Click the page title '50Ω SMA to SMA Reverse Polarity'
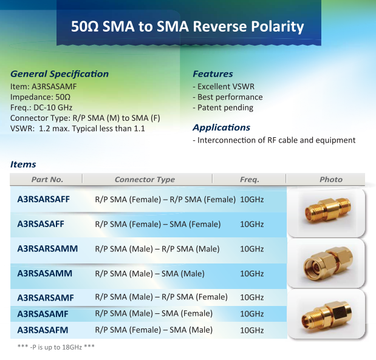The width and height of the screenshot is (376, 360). click(x=188, y=26)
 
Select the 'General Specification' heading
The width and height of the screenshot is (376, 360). click(x=60, y=74)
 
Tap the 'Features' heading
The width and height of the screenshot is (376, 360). click(x=213, y=74)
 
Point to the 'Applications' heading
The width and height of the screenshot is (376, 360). click(x=222, y=127)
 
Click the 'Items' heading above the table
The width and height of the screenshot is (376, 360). click(x=23, y=165)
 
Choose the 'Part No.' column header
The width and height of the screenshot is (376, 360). click(x=47, y=180)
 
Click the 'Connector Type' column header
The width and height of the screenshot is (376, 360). click(x=145, y=180)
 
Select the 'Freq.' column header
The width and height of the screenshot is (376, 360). click(x=250, y=180)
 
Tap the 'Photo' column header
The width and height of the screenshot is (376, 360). click(x=331, y=180)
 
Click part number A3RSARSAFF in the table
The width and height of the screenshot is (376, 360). click(x=43, y=199)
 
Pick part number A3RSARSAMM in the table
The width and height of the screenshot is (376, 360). click(x=47, y=248)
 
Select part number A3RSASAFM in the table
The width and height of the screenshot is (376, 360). click(x=43, y=330)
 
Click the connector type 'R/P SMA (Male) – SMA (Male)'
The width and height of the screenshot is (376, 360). click(x=150, y=273)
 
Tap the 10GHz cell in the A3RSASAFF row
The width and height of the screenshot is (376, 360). click(x=252, y=225)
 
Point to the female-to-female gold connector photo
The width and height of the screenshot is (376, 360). click(x=327, y=210)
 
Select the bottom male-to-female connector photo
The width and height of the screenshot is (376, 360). click(x=327, y=316)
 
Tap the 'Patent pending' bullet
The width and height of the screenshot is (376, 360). click(x=223, y=108)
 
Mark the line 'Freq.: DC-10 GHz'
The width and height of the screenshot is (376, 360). click(x=41, y=107)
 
